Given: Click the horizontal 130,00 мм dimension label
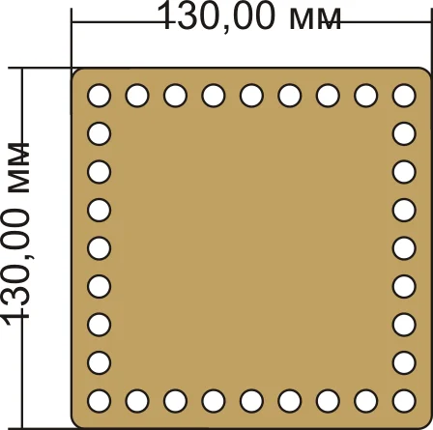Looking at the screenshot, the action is click(248, 16).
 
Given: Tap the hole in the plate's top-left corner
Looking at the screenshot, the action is click(100, 96).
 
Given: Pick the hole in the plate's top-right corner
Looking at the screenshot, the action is click(404, 96).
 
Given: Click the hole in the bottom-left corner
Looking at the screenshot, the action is click(100, 401).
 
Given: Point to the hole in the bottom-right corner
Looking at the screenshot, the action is click(404, 401).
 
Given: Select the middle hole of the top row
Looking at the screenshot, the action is click(251, 96).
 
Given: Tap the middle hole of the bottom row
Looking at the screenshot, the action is click(251, 401).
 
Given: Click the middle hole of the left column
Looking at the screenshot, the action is click(100, 248).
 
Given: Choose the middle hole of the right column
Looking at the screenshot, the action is click(404, 248).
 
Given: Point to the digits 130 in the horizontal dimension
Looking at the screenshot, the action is click(192, 15).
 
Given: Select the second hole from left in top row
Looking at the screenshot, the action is click(137, 96).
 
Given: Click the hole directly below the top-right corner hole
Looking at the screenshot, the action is click(404, 133).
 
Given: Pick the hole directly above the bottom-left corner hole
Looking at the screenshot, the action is click(100, 362).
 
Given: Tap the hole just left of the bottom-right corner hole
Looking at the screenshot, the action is click(366, 401).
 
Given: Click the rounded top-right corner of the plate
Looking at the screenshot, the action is click(426, 72).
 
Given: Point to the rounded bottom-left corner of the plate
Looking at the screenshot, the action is click(74, 424).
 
